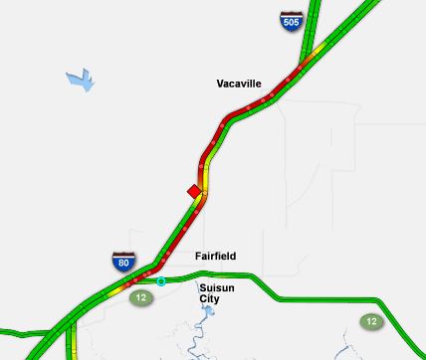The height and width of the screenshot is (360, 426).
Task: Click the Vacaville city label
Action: [239, 85]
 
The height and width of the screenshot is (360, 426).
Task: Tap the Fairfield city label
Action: [215, 257]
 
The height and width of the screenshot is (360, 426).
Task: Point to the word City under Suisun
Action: [209, 298]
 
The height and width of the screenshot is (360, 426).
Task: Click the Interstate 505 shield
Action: [291, 21]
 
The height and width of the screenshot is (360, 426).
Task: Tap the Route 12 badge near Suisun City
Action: [140, 297]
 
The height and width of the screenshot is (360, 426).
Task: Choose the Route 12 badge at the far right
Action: [371, 321]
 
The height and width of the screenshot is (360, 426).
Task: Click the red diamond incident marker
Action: [194, 191]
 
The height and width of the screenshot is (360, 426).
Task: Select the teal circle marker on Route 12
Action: [161, 281]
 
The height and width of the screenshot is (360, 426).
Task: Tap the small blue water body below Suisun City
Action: [207, 311]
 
